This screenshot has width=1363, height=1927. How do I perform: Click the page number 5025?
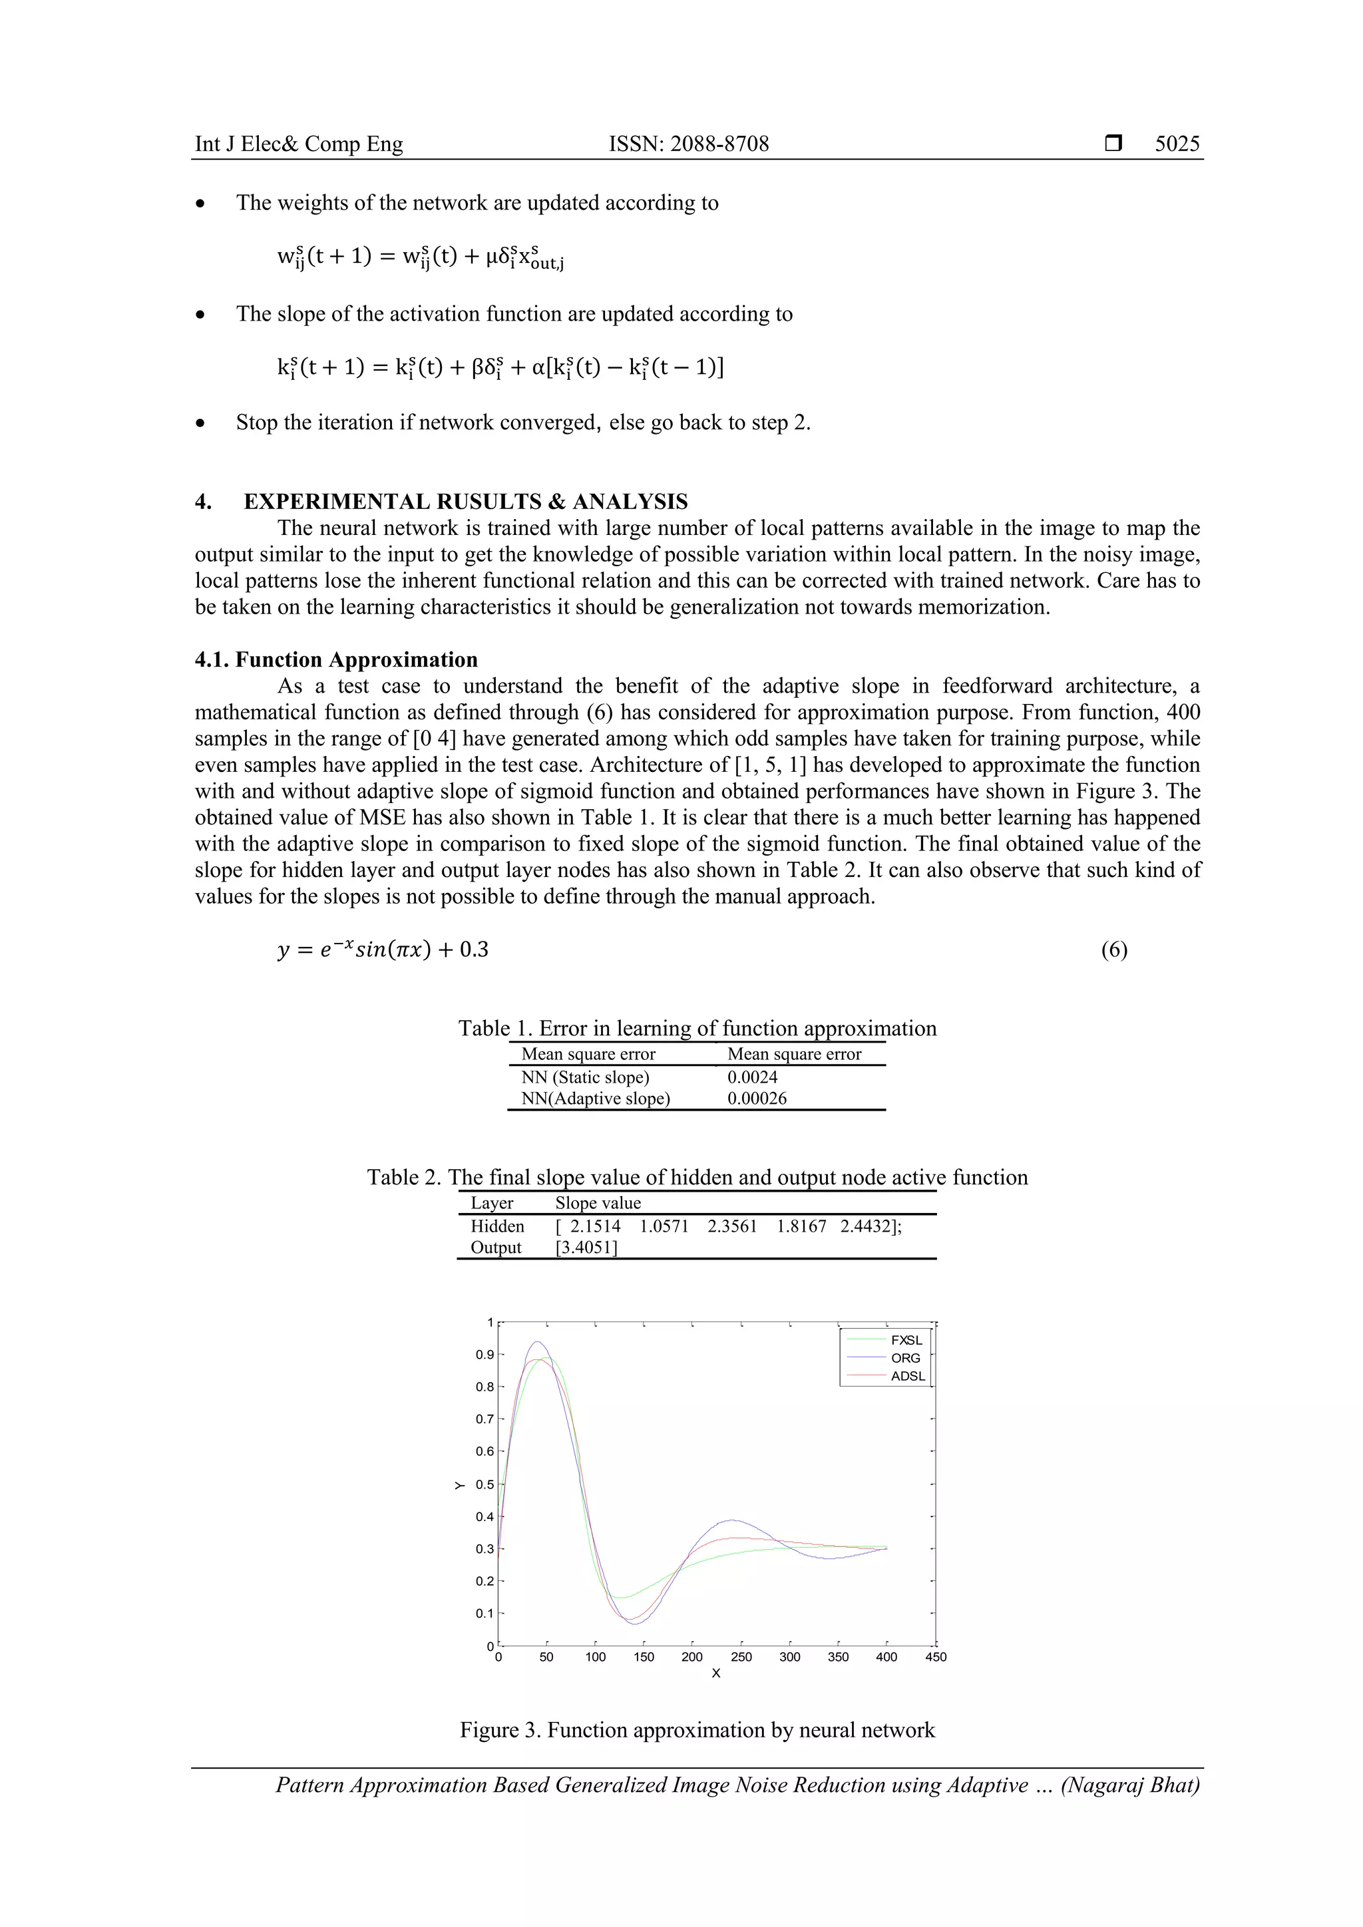point(1177,144)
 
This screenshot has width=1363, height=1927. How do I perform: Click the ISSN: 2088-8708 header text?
point(688,144)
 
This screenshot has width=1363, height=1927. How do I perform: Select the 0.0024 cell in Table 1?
point(752,1077)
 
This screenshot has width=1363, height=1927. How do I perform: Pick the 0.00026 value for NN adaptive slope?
point(756,1099)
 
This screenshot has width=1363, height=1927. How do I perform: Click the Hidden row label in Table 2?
point(497,1226)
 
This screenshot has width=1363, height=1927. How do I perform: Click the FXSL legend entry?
point(906,1340)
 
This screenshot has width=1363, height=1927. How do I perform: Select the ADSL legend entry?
point(907,1377)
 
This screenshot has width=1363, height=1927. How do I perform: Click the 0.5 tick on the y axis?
point(485,1485)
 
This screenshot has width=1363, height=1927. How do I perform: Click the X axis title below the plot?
point(716,1674)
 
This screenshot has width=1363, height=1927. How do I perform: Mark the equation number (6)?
point(1113,950)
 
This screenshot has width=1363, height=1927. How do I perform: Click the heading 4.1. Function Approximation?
point(335,659)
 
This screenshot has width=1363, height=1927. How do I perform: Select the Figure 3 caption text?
point(697,1731)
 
